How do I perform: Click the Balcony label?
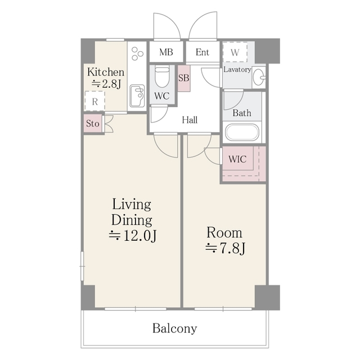[174, 328]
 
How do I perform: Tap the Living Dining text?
[131, 211]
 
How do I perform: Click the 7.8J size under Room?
[224, 247]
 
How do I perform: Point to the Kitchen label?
[105, 72]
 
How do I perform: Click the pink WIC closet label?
[237, 159]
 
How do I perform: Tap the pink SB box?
[183, 78]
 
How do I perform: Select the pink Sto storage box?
[93, 123]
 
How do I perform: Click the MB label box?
[165, 52]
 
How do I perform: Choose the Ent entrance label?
[202, 52]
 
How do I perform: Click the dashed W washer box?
[235, 52]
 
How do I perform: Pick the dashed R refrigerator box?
[95, 102]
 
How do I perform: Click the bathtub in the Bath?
[242, 133]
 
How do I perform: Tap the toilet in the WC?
[162, 76]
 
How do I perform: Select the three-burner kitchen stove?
[137, 55]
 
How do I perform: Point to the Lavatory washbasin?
[258, 78]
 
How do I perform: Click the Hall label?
[190, 119]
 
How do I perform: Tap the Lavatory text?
[237, 70]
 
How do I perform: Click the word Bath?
[242, 112]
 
